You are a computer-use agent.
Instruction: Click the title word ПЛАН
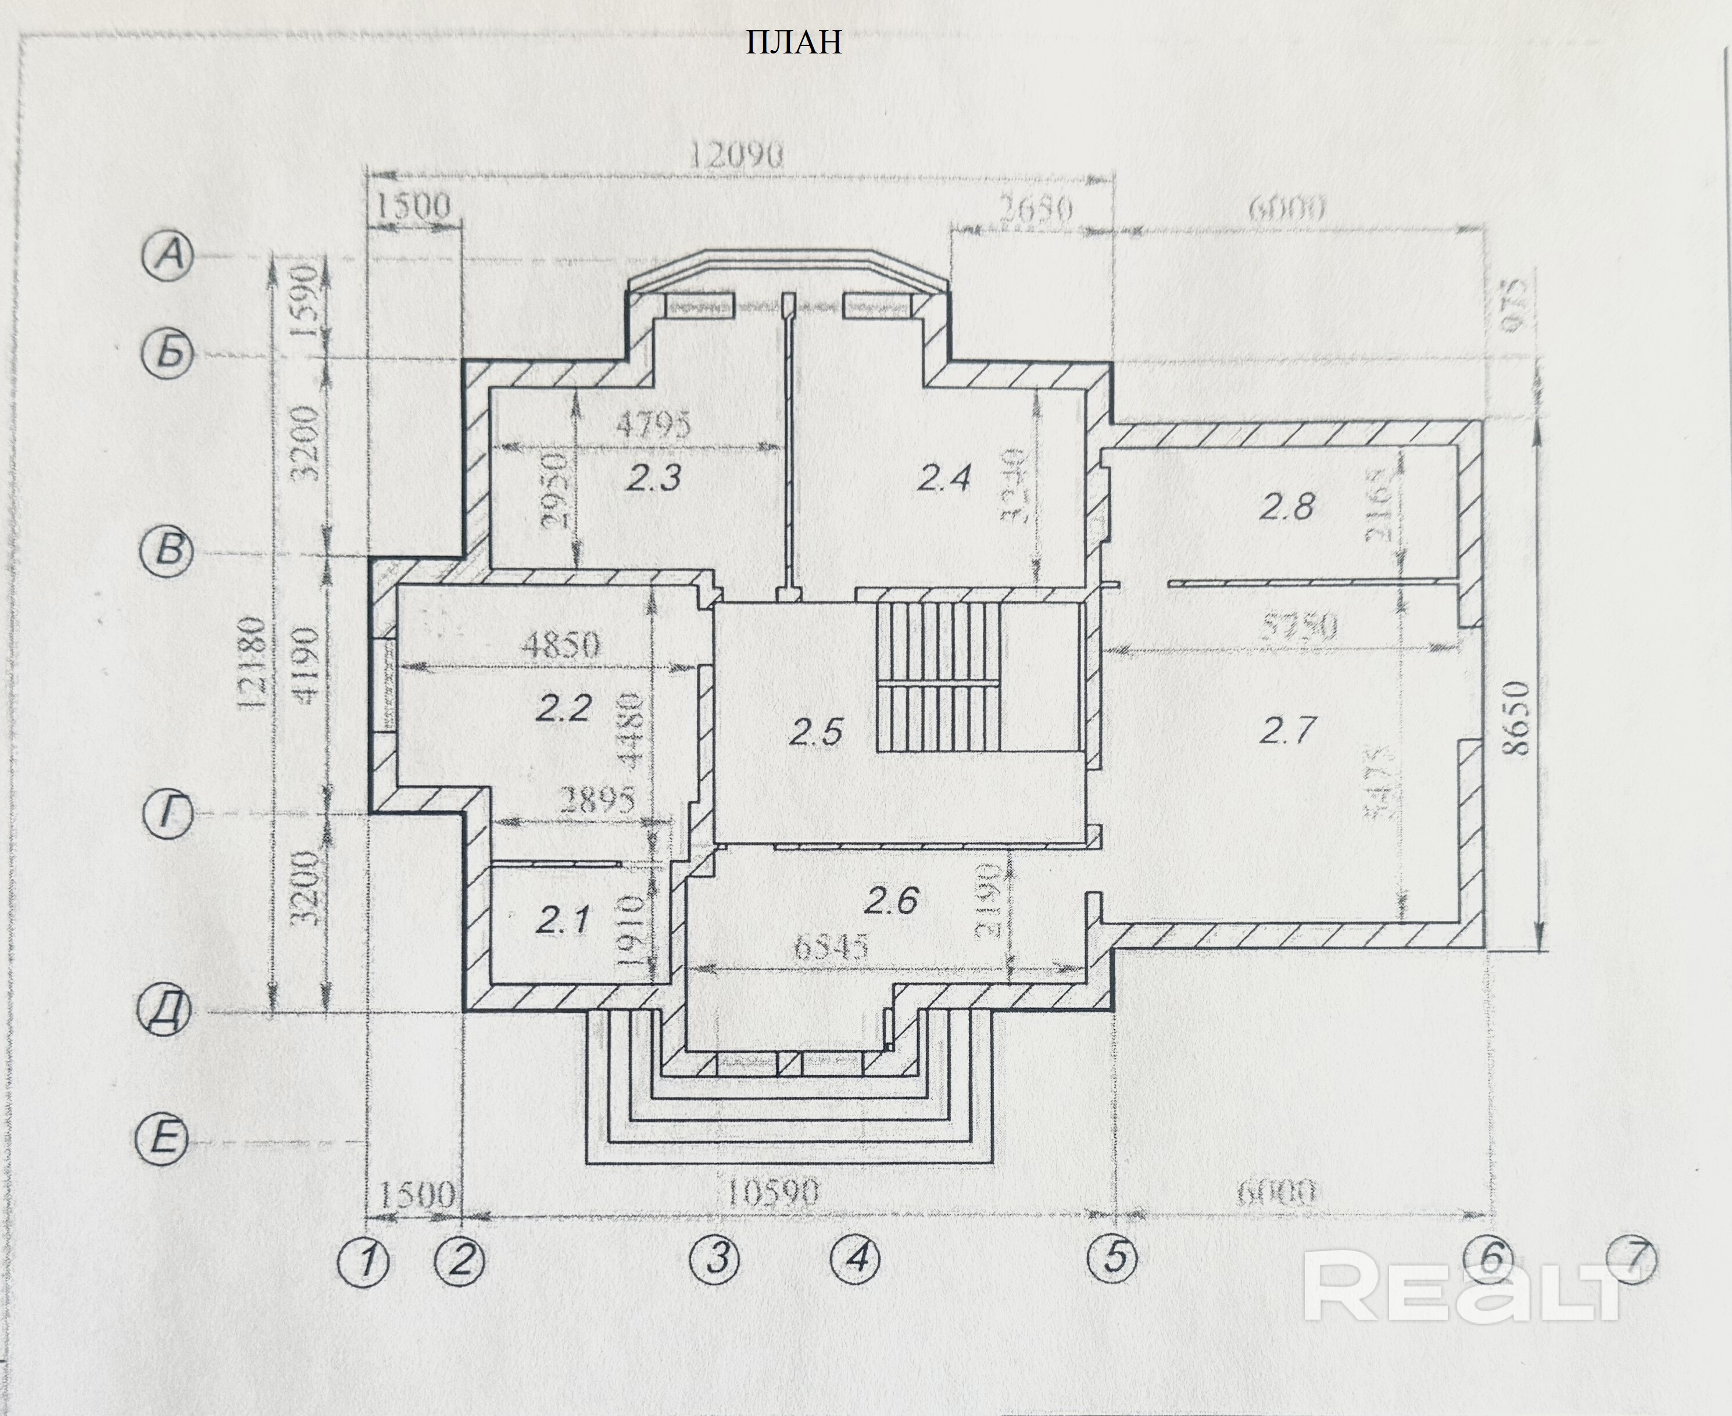793,42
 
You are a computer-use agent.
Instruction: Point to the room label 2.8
1287,507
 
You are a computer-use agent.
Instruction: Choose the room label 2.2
563,707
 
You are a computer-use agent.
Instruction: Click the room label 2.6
891,901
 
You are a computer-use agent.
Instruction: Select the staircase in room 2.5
938,677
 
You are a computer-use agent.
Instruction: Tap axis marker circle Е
162,1139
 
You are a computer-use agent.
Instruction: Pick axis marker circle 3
715,1259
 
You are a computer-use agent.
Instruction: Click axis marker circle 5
1114,1257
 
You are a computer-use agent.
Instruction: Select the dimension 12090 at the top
736,154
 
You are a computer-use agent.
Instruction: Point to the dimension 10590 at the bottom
771,1194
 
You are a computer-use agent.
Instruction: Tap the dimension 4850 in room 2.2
561,644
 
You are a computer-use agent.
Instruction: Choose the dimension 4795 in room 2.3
653,424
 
